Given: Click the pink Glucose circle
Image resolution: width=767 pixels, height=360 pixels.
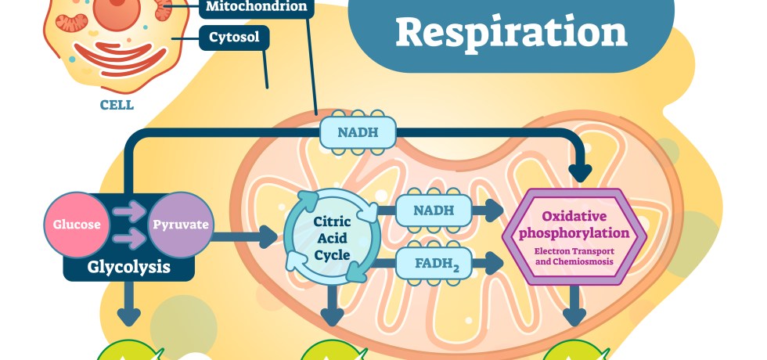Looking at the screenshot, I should [77, 225].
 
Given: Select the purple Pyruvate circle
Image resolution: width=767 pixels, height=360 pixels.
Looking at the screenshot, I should [180, 225].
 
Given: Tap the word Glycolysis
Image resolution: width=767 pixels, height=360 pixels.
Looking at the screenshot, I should [129, 267].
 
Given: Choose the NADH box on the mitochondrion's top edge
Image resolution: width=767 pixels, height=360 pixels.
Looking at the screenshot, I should [358, 132].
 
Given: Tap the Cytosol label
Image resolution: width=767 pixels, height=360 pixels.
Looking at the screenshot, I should [234, 37].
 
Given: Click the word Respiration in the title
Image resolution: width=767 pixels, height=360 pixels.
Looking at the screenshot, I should [512, 32].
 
